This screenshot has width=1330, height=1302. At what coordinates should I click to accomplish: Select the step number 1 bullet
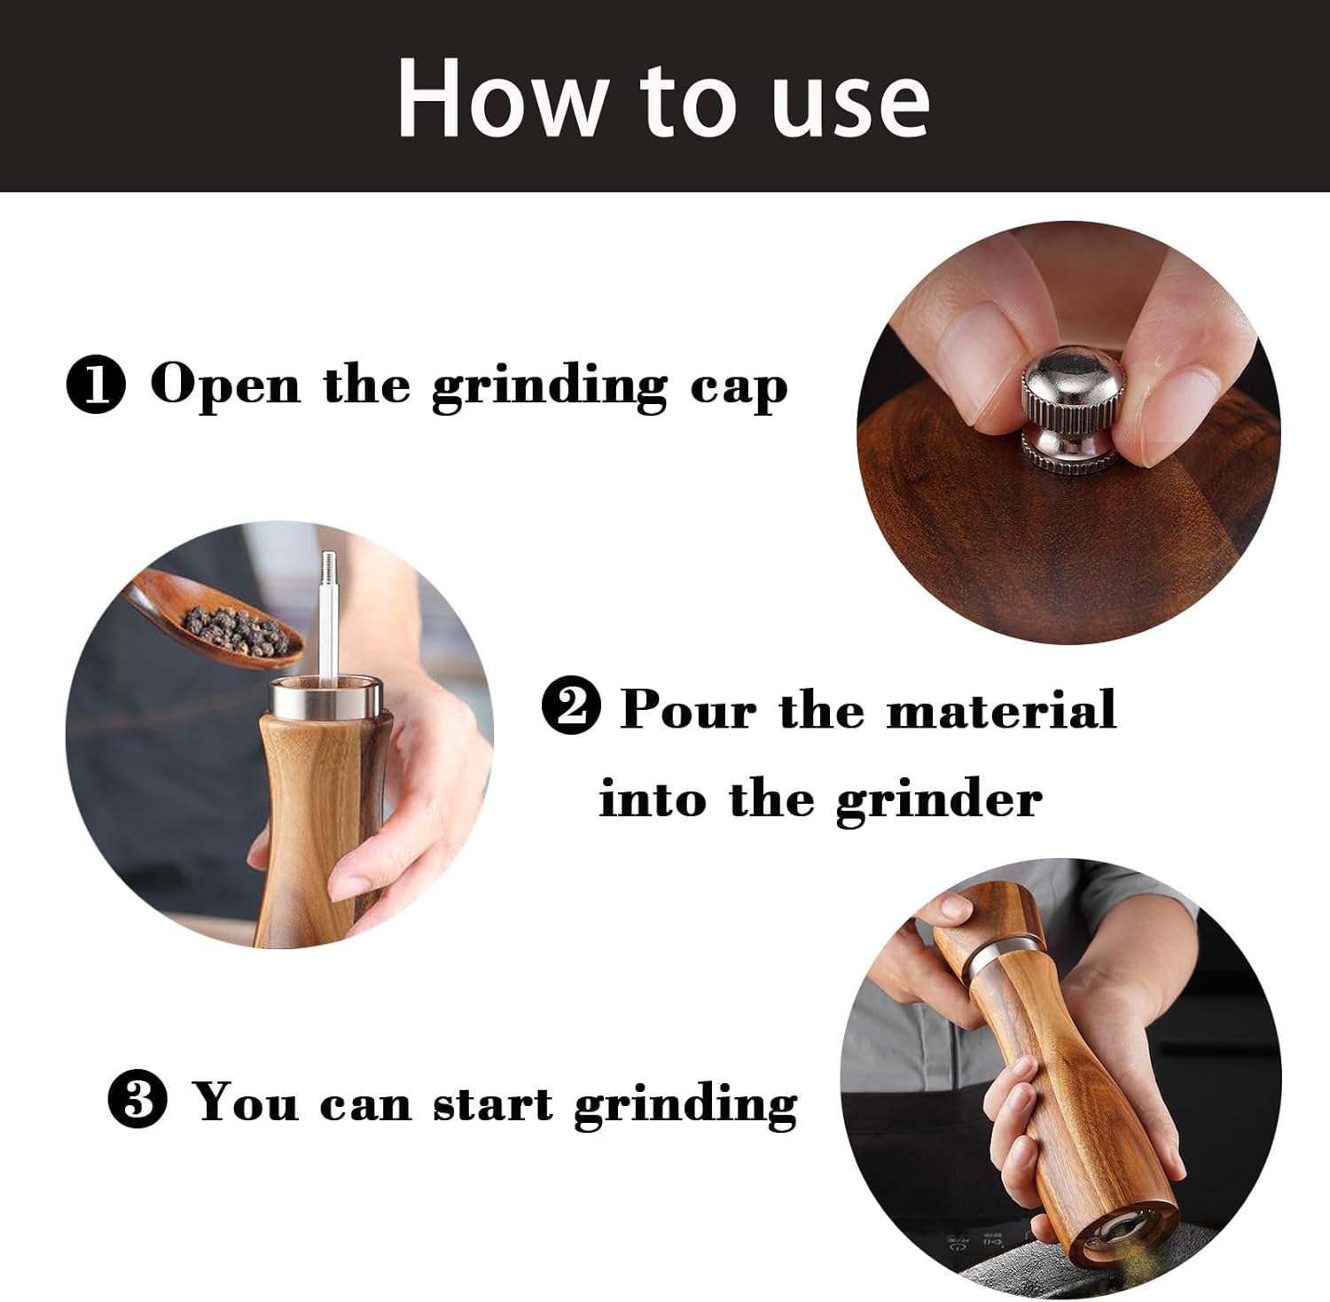[97, 387]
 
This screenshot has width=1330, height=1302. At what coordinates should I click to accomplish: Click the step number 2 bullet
[571, 709]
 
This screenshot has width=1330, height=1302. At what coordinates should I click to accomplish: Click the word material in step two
[1001, 709]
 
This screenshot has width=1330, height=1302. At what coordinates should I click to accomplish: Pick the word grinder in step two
[938, 801]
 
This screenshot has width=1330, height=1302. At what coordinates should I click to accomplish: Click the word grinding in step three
[685, 1105]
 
